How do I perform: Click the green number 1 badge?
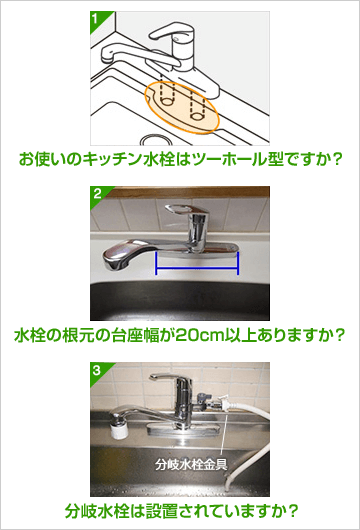[97, 19]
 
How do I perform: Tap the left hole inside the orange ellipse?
[166, 101]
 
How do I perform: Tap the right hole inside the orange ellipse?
[196, 116]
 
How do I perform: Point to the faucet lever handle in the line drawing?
[172, 31]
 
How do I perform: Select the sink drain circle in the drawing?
[156, 140]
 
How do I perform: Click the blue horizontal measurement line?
[197, 269]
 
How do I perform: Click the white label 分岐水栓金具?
[191, 465]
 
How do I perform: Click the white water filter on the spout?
[118, 429]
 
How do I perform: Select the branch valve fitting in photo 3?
[208, 401]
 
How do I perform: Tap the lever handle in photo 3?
[165, 377]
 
